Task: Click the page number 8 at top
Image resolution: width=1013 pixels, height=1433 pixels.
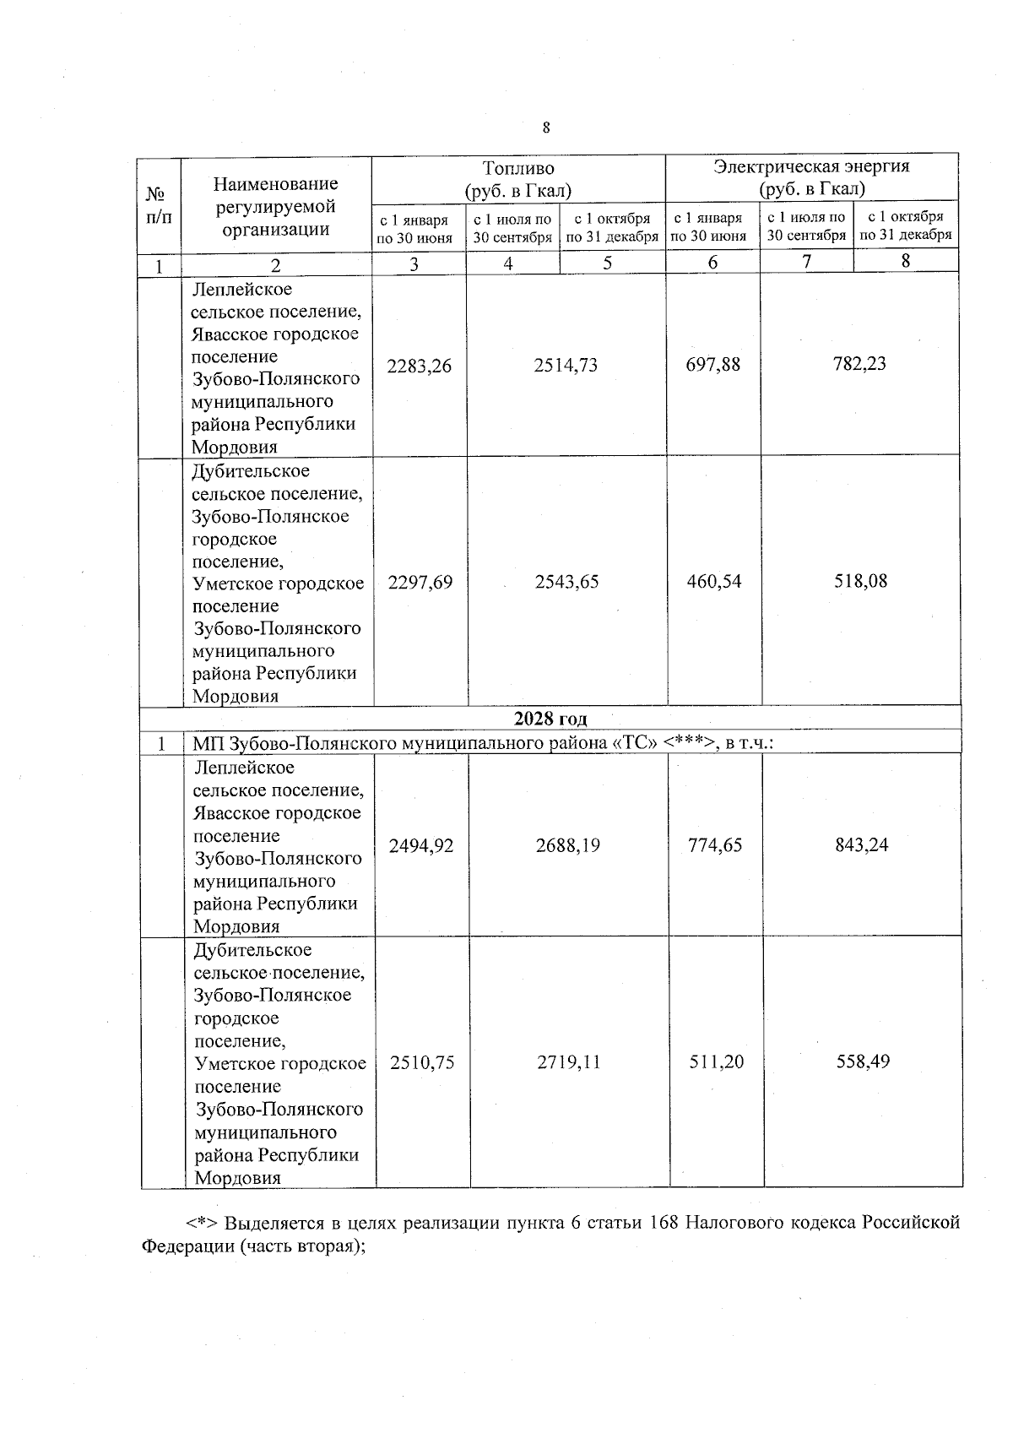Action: coord(546,128)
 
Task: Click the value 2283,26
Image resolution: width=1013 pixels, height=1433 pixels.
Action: coord(419,366)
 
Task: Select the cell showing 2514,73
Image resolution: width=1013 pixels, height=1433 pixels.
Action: coord(566,365)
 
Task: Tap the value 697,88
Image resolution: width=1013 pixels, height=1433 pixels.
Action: coord(713,364)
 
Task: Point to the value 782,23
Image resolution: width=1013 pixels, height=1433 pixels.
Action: coord(860,364)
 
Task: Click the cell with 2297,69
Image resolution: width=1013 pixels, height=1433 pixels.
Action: coord(420,582)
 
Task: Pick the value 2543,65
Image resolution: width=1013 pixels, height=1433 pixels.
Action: coord(567,582)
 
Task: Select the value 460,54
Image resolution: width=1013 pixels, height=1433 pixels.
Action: coord(714,581)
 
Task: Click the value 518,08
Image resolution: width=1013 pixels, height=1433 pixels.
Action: coord(861,581)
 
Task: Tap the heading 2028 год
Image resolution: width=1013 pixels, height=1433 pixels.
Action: coord(550,719)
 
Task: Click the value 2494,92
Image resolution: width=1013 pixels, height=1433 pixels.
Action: coord(420,845)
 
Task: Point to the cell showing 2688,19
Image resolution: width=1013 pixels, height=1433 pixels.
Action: coord(568,845)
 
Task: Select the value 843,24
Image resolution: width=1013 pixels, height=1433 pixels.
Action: coord(862,844)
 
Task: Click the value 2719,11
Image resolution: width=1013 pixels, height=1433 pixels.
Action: coord(569,1062)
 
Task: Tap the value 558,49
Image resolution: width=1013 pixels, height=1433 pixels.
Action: coord(863,1061)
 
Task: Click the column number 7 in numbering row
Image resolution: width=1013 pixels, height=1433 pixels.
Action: coord(807,262)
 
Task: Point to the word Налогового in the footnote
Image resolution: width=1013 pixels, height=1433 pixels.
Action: coord(730,1223)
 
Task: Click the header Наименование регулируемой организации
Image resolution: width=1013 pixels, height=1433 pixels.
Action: coord(275,207)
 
